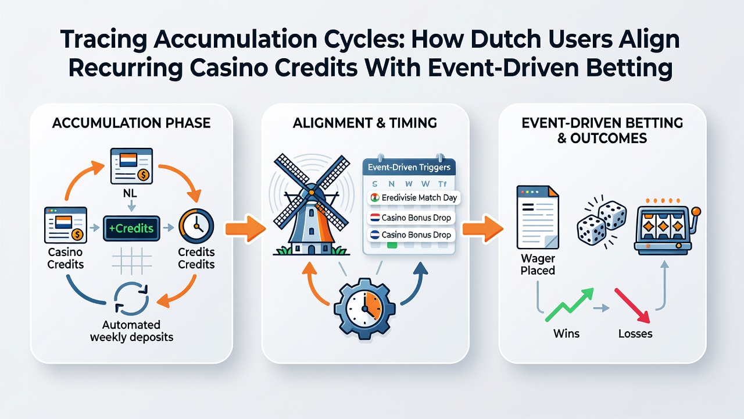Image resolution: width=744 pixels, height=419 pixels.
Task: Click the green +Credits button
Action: pos(131,229)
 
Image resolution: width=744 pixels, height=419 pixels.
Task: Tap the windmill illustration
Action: pos(312,204)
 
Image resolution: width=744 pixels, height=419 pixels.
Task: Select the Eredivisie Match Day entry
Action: pos(413,198)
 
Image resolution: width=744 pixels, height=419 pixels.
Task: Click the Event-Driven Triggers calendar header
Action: pos(409,167)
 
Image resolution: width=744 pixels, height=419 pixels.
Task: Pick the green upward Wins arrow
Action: pos(569,304)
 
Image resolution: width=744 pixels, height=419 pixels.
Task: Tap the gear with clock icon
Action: pos(364,308)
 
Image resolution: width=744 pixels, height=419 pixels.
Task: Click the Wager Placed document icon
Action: pos(538,217)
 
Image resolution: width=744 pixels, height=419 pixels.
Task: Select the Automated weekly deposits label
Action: pos(131,331)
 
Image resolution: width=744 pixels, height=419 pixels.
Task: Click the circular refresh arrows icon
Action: pos(131,299)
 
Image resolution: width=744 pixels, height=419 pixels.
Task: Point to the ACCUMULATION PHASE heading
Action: pos(131,123)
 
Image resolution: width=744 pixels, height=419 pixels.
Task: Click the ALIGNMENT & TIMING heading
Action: pos(364,123)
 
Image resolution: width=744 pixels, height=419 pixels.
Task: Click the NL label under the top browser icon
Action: pos(130,193)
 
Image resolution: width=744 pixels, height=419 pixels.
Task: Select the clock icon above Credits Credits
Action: pos(196,225)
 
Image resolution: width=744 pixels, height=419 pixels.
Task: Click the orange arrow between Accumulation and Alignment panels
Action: pos(245,229)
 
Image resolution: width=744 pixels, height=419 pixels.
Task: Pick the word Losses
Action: pos(635,333)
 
